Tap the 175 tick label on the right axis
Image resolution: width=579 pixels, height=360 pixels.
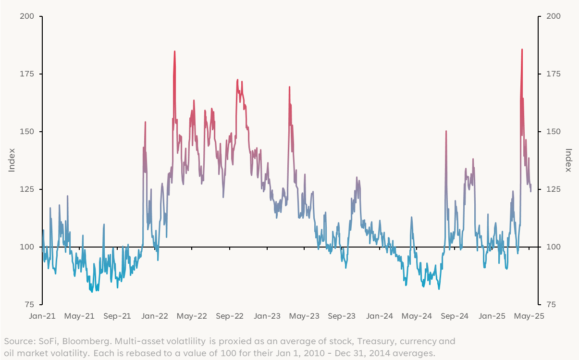point(553,74)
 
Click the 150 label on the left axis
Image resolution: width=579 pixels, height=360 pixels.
point(27,132)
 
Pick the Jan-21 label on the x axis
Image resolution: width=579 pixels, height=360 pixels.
point(42,316)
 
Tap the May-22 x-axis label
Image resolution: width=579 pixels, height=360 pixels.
point(192,316)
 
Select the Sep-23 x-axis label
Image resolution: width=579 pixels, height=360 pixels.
point(342,316)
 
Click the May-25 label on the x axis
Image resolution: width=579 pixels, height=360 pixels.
point(529,316)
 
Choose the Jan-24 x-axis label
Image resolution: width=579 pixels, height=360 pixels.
point(380,316)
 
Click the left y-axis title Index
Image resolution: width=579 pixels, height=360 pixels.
point(12,160)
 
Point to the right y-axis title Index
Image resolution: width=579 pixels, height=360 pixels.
point(568,160)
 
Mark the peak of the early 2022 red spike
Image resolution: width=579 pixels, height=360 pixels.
point(174,51)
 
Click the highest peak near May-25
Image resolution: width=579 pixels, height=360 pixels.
point(522,50)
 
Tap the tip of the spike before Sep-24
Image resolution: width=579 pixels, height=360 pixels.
point(446,131)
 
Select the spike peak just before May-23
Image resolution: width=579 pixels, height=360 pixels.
point(289,87)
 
